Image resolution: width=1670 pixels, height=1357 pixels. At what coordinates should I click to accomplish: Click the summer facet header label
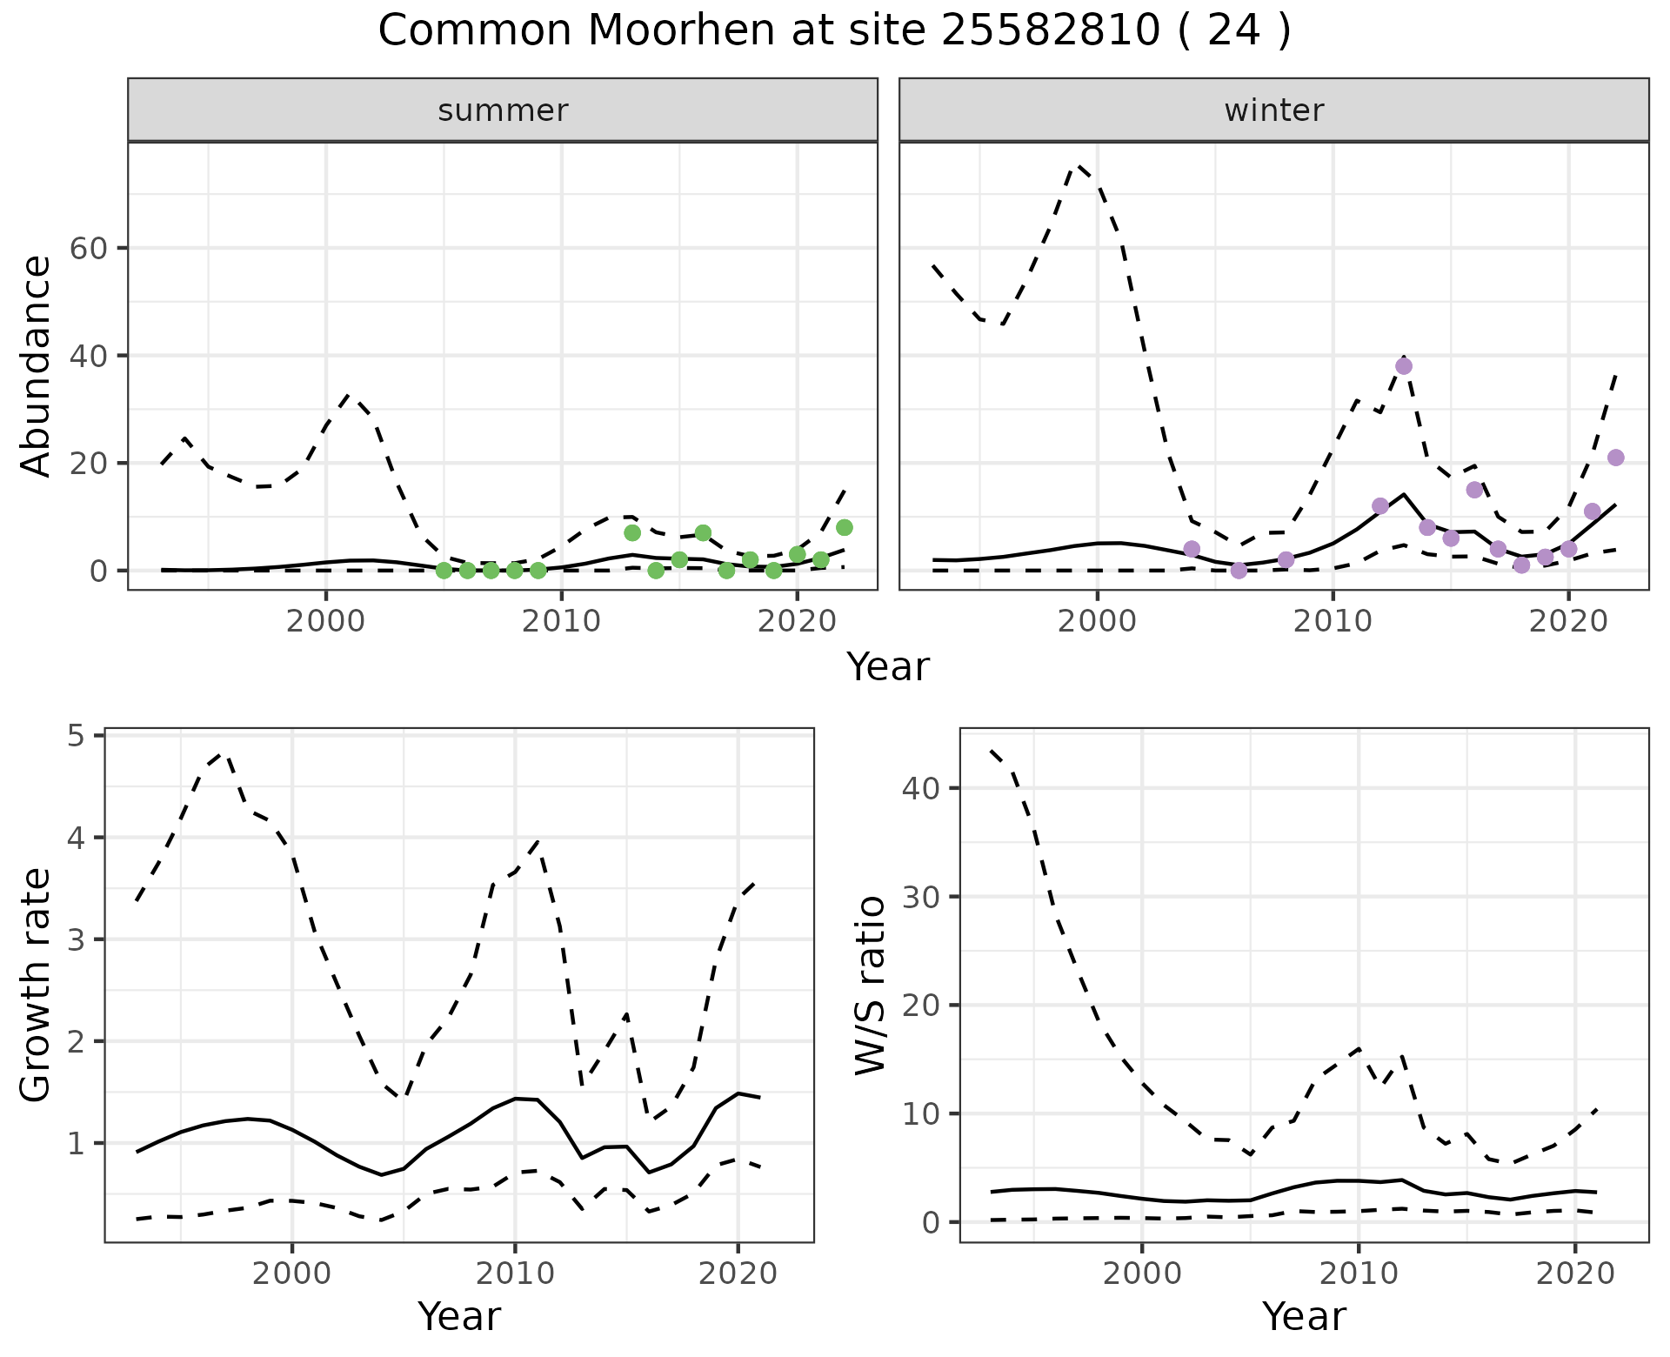503,110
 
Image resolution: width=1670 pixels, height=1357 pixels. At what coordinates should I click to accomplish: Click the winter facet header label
1273,110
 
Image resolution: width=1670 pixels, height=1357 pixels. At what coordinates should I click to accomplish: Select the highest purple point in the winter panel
1403,366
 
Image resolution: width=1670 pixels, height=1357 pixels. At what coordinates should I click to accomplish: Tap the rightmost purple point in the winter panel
1615,458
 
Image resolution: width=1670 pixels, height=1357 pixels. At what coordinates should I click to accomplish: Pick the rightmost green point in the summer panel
844,527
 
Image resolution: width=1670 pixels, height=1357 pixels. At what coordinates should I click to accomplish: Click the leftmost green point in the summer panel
444,570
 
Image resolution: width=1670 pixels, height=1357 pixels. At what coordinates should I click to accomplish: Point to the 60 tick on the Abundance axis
88,249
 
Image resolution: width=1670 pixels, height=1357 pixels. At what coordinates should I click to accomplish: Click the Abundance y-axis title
37,365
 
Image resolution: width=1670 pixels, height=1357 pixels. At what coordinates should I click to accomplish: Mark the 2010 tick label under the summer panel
561,622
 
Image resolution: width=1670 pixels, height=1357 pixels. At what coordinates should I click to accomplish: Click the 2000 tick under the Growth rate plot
291,1274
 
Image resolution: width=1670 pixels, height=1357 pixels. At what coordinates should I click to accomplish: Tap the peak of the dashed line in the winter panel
1079,164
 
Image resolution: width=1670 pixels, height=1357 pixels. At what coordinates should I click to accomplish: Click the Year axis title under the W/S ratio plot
1304,1316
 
